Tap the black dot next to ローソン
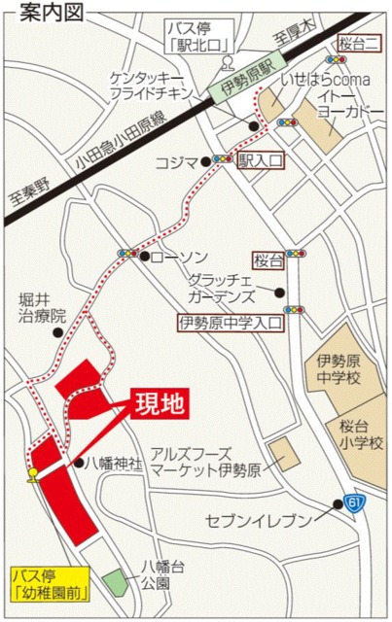(x=144, y=258)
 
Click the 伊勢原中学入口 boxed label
(x=231, y=321)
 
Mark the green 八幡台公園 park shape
(x=115, y=583)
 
